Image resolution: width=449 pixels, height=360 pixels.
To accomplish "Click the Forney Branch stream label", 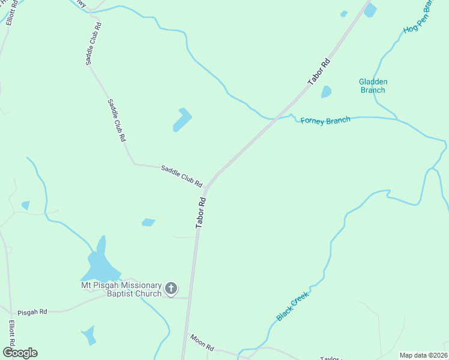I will click(325, 121).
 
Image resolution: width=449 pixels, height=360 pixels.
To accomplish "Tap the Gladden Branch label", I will click(373, 86).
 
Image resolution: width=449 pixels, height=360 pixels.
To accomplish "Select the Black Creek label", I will click(292, 306).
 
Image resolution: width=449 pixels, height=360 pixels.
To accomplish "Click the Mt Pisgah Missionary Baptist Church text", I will click(122, 289).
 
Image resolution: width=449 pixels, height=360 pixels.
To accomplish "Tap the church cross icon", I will click(171, 289).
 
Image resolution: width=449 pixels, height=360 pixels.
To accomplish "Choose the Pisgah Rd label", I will click(32, 313).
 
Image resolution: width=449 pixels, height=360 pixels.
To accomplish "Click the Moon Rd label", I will click(202, 343).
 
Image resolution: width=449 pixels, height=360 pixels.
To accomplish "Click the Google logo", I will click(20, 353).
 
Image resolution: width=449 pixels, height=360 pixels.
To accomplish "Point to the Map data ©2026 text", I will click(423, 355).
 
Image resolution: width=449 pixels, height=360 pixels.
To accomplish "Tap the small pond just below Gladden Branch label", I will click(326, 92).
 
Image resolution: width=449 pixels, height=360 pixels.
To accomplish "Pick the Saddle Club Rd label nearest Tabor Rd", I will click(181, 175).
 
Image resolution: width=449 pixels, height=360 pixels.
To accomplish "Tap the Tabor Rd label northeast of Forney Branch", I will click(318, 72).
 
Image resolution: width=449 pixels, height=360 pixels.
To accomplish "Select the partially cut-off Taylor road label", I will click(330, 358).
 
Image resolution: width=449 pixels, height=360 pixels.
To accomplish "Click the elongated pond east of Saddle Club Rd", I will click(182, 119).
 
